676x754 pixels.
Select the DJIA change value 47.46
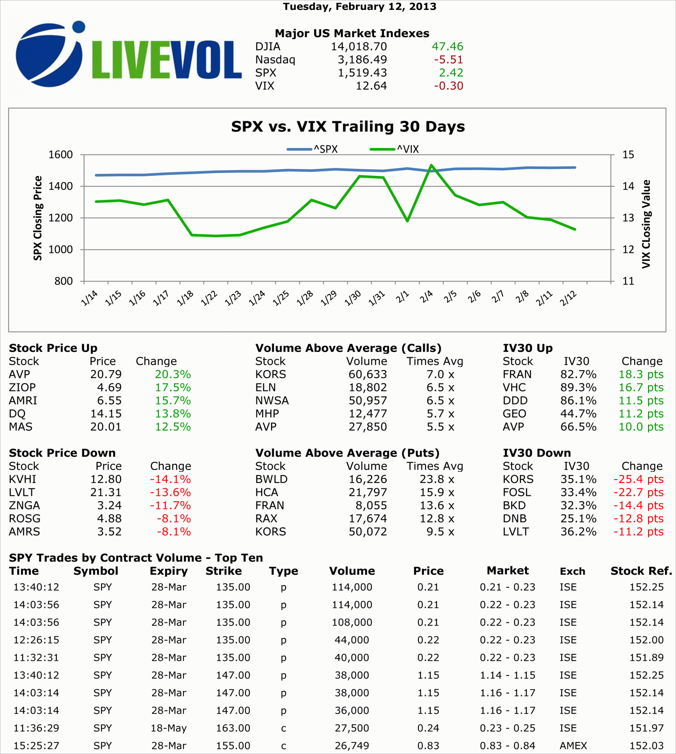coord(447,46)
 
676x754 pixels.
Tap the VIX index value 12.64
coord(371,86)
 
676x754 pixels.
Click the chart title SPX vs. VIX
coord(348,127)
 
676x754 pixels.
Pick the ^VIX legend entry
coord(394,149)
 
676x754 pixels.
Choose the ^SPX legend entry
coord(312,149)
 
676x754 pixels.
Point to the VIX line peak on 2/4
coord(431,165)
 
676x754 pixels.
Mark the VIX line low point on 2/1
coord(408,221)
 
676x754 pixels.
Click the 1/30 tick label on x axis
coord(353,298)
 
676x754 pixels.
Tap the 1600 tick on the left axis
coord(60,155)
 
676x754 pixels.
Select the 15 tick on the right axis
coord(628,155)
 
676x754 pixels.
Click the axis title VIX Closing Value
coord(646,224)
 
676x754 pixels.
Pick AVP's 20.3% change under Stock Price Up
coord(173,374)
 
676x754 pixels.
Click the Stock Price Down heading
coord(62,453)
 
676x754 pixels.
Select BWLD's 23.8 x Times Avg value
coord(437,479)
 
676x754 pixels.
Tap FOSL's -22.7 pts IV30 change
coord(638,492)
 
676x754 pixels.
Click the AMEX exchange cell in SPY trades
coord(573,746)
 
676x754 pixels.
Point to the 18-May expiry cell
coord(169,728)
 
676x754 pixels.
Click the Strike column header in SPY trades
coord(223,571)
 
